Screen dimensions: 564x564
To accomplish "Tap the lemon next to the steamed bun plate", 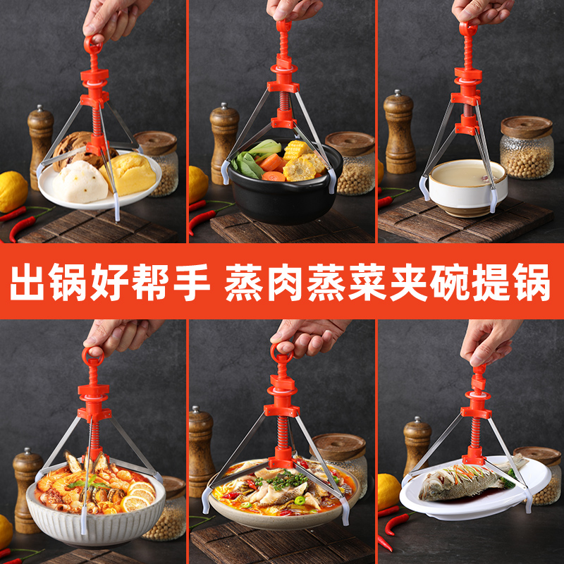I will (x=12, y=191).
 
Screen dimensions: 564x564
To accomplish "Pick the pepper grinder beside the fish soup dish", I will (x=201, y=451).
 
